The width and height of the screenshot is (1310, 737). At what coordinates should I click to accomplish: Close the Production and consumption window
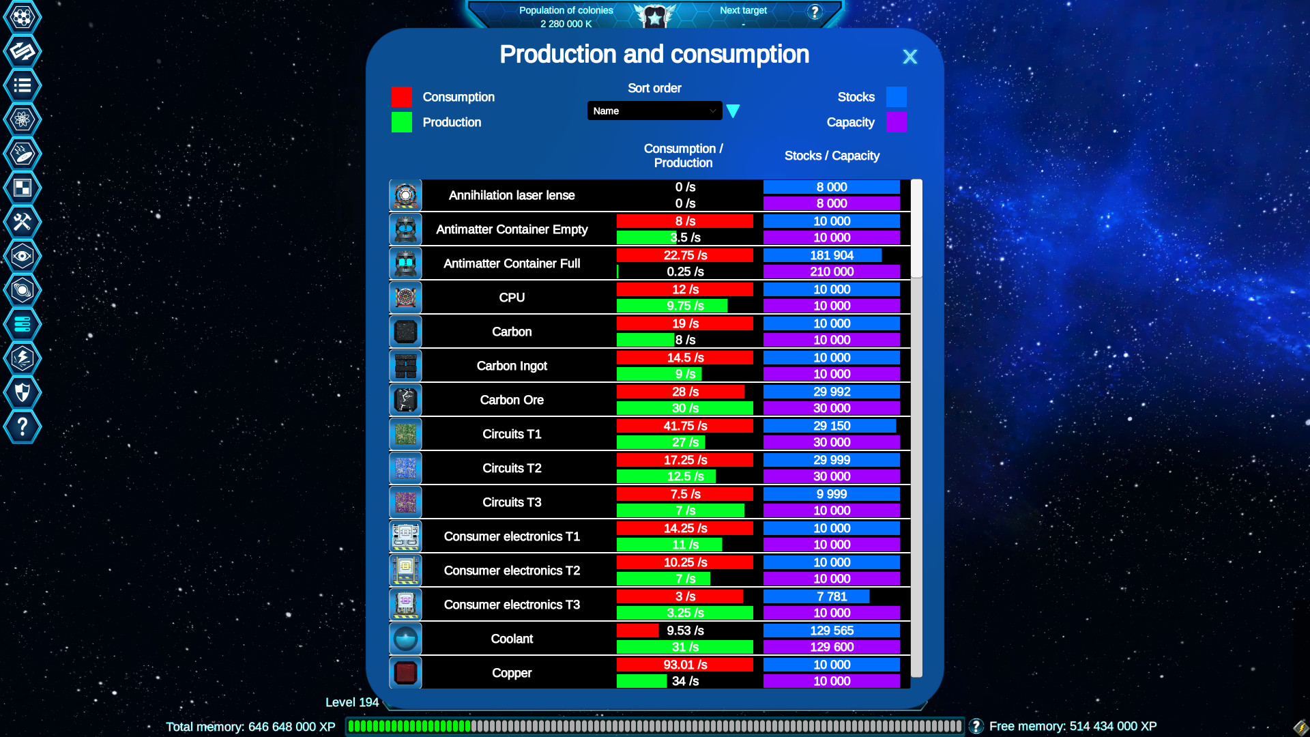[909, 57]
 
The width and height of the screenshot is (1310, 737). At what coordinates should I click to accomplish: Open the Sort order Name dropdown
[654, 111]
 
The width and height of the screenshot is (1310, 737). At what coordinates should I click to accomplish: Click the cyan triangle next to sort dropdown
[733, 111]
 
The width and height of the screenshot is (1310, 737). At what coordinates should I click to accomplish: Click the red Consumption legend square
[401, 97]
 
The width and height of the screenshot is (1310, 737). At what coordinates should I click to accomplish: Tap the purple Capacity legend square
[896, 122]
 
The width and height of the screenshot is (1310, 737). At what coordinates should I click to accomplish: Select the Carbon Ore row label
[512, 400]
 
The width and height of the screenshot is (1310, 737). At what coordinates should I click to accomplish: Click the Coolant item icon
[405, 639]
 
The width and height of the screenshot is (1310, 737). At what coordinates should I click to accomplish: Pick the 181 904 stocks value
[831, 255]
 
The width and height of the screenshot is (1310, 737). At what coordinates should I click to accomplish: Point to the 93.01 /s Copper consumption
[685, 665]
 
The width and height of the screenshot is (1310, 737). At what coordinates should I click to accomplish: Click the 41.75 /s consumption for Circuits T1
[685, 426]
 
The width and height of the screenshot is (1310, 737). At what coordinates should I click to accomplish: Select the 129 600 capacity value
[831, 647]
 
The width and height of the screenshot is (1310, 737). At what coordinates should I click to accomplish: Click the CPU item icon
[405, 298]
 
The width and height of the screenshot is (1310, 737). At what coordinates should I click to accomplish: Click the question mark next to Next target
[815, 12]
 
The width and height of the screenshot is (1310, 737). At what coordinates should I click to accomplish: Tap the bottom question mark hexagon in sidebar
[23, 427]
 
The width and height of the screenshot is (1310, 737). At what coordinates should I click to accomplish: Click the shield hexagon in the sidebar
[23, 392]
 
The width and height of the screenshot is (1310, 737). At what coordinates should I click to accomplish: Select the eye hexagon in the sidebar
[23, 256]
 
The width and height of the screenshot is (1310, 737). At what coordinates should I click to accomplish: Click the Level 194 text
[351, 702]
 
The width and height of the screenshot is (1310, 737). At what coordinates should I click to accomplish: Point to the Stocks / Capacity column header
[832, 156]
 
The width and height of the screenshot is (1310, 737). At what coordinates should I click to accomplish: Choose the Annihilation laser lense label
[512, 195]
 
